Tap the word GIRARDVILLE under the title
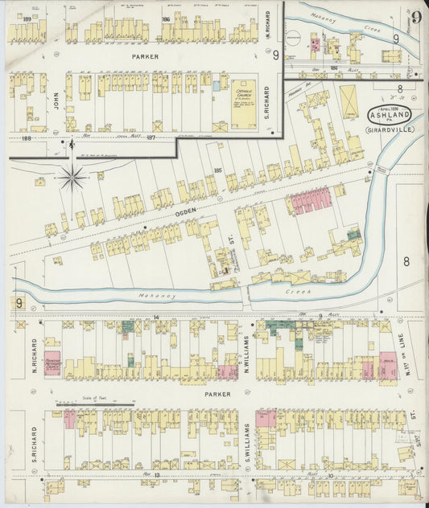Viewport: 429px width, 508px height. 390,129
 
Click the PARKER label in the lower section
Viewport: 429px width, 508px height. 217,395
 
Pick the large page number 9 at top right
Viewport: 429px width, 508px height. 416,17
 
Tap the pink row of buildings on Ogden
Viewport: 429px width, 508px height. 311,201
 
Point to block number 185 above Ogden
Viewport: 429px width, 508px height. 217,170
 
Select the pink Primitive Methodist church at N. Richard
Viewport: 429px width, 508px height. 52,363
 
